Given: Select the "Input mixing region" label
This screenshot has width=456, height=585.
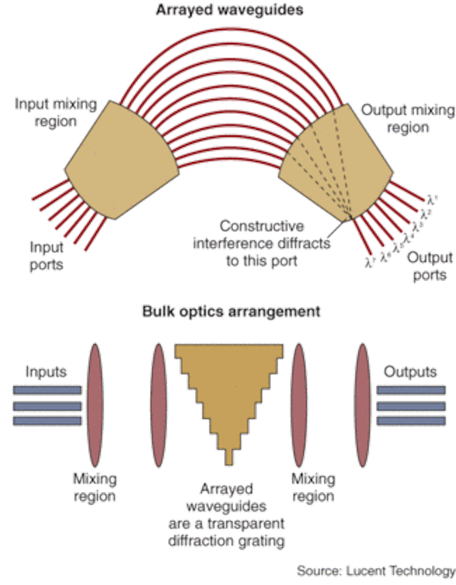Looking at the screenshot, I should (x=56, y=112).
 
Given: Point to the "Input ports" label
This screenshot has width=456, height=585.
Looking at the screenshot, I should (x=46, y=255).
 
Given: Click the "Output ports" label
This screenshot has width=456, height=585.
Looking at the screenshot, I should (x=429, y=266).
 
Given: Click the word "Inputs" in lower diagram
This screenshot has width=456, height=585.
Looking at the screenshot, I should (x=46, y=372).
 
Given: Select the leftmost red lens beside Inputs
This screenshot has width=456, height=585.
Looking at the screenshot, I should (x=96, y=405).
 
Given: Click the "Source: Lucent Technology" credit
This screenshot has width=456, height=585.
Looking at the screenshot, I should (x=375, y=570).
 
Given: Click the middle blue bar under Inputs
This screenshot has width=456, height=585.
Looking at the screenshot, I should (x=46, y=405).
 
